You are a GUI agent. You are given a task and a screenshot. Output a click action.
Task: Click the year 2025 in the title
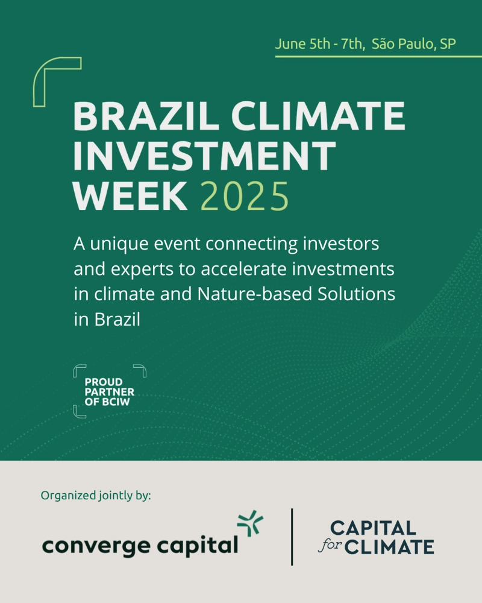(x=245, y=196)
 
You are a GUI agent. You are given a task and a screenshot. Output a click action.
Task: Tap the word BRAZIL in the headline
(x=146, y=116)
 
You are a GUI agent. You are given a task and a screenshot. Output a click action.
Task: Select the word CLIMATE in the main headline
(x=318, y=116)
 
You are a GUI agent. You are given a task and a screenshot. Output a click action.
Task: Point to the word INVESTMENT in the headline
(x=204, y=156)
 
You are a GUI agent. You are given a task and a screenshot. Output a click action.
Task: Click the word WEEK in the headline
(x=130, y=196)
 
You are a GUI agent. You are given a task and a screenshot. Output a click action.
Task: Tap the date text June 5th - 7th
(x=319, y=44)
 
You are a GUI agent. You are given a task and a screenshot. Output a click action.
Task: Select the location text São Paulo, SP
(x=413, y=44)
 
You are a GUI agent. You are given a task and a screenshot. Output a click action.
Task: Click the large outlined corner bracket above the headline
(x=39, y=81)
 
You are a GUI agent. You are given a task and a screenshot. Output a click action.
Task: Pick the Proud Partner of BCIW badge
(x=110, y=391)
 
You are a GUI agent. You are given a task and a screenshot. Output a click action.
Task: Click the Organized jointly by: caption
(x=96, y=495)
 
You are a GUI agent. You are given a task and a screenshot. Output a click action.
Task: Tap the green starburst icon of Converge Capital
(x=250, y=523)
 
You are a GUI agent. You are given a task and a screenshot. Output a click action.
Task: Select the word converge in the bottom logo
(x=96, y=546)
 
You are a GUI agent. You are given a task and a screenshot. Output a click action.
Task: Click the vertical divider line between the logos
(x=292, y=537)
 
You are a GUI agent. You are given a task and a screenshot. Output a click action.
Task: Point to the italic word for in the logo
(x=330, y=545)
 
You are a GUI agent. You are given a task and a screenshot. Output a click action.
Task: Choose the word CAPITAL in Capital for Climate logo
(x=373, y=528)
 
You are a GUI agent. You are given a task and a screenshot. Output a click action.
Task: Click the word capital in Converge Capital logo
(x=198, y=546)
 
